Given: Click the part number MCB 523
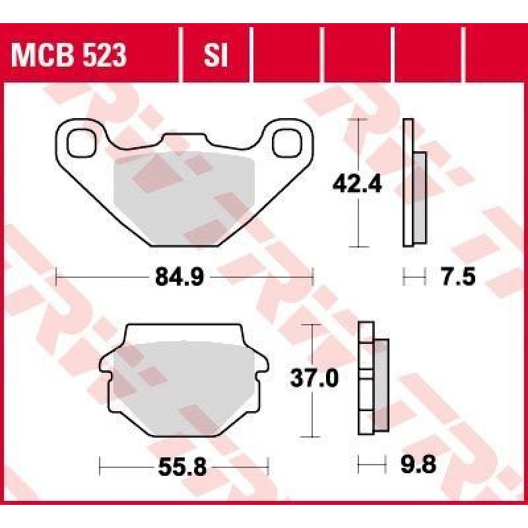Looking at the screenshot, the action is [69, 55].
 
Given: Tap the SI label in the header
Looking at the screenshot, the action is [216, 55].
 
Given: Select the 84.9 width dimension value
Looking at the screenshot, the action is [180, 277].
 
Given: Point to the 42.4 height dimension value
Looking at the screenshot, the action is [357, 185].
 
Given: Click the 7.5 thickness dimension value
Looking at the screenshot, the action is [458, 277].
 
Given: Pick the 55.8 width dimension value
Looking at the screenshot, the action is [182, 467].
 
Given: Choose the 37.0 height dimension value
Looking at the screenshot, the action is [314, 378].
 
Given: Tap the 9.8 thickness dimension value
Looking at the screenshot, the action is [418, 465].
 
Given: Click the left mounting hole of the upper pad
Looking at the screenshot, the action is [81, 144].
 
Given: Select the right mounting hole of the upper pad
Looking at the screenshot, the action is [287, 144].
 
